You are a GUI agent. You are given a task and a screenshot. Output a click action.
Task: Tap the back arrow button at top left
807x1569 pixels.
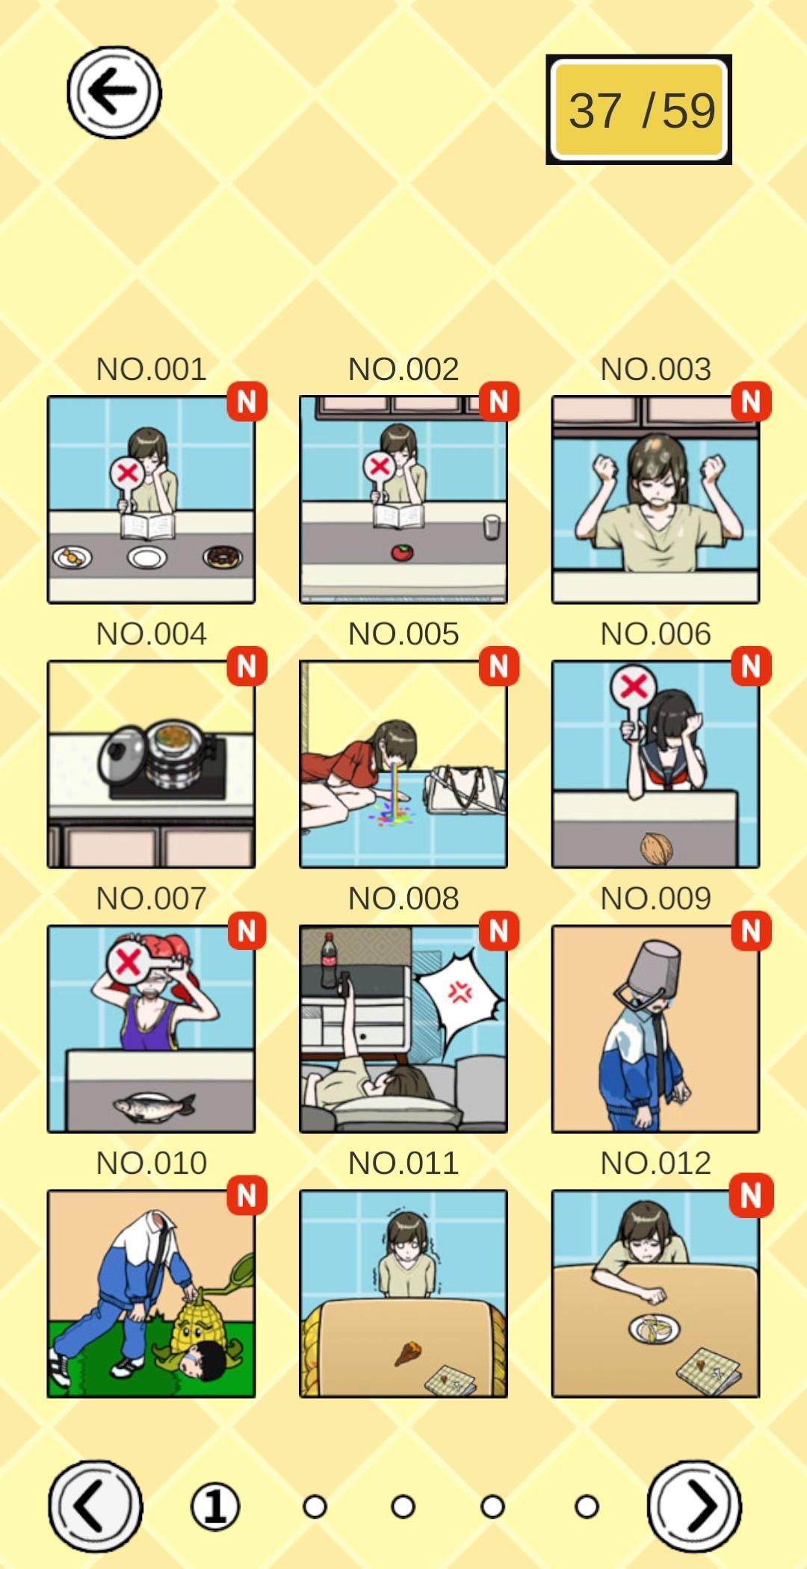114,92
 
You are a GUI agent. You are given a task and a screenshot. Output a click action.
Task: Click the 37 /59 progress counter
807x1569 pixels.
639,110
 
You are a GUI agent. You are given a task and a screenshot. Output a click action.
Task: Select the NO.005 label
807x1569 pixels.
403,634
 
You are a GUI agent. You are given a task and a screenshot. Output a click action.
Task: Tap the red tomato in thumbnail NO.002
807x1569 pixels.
402,553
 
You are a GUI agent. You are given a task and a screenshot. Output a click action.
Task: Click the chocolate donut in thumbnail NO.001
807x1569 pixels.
223,556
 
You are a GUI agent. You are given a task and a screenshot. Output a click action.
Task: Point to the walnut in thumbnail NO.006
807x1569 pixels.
657,848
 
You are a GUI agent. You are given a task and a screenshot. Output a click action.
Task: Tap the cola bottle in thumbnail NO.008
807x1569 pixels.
329,960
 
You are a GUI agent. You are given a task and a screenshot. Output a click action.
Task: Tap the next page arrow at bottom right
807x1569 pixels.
695,1506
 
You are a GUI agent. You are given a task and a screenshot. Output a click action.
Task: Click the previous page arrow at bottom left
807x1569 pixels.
95,1506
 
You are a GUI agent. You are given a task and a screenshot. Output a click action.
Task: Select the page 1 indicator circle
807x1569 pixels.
215,1506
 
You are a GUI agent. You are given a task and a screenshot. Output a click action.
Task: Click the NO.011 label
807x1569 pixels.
403,1163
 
